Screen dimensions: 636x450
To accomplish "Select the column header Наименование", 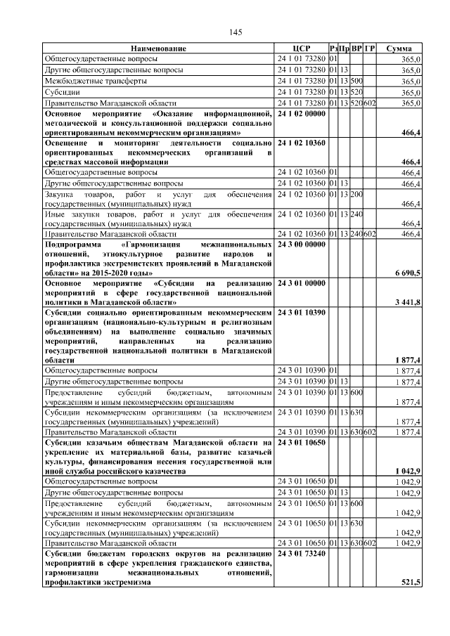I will click(x=158, y=48).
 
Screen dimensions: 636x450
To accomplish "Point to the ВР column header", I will click(x=356, y=48).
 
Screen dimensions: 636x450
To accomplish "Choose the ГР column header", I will click(x=370, y=48).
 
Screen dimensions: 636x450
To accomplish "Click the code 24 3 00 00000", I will click(x=302, y=244).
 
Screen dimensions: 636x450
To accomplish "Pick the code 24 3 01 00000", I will click(x=302, y=283).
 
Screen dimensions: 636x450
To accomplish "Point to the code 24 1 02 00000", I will click(x=302, y=113).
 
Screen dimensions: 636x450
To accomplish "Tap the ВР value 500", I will click(x=356, y=82).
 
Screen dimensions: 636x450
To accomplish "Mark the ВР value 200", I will click(x=356, y=194).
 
